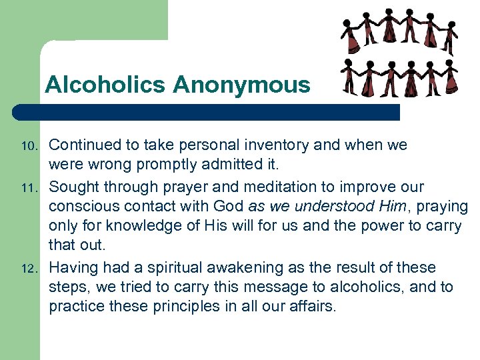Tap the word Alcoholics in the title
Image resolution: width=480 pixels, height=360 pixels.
(106, 85)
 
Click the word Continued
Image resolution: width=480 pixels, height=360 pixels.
(84, 145)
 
